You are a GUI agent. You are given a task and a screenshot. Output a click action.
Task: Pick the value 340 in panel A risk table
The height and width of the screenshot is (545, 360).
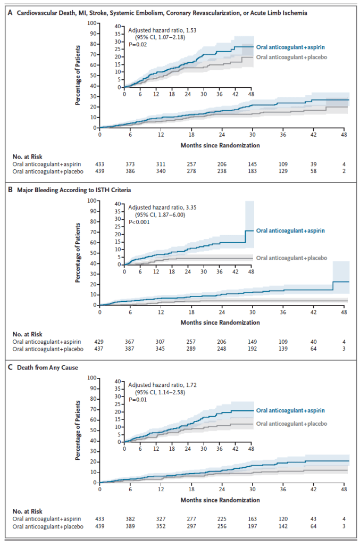(161, 172)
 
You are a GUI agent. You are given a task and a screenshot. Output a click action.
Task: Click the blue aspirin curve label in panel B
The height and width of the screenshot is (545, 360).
(290, 230)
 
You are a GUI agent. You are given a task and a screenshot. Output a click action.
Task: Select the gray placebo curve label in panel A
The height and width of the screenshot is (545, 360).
(290, 56)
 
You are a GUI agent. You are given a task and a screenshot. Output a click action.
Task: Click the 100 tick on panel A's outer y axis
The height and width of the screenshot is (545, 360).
(93, 23)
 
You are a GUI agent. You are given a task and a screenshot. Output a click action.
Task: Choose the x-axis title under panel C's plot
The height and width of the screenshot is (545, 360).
(220, 500)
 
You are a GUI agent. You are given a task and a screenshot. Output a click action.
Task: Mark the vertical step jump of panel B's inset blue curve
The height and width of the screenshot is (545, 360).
(245, 237)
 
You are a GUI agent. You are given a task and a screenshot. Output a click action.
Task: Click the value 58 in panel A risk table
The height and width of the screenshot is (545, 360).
(314, 172)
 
